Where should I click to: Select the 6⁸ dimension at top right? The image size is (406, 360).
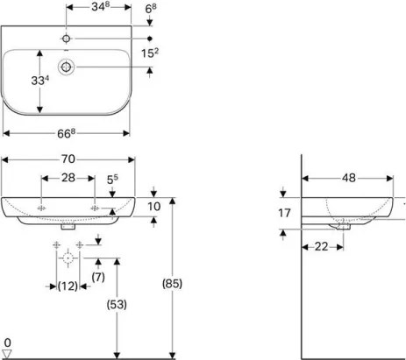(151, 9)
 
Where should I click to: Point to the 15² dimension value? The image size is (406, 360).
(151, 54)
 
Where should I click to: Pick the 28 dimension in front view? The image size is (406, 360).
(68, 179)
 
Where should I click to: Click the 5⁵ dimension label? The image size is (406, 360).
(112, 179)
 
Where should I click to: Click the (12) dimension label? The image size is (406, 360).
(68, 286)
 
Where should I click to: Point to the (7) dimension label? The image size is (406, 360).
(98, 278)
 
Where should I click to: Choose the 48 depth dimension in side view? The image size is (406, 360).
(347, 178)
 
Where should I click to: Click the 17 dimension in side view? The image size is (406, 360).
(283, 212)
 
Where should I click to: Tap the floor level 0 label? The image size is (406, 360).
(7, 342)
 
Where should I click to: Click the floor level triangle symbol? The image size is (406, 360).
(8, 353)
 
